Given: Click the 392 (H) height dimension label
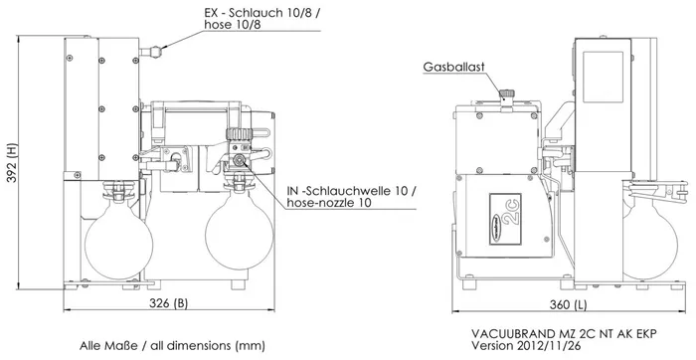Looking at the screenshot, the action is point(13,163).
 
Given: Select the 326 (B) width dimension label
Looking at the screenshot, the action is point(169,303).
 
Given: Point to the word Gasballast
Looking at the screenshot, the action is point(453,67).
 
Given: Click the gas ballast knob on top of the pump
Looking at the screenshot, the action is point(506,93).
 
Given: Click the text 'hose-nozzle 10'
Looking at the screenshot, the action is point(328,203).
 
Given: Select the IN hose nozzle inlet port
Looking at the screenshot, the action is point(241,159).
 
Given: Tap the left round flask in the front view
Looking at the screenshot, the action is point(118,243).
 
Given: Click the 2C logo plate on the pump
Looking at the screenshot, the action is point(505,219).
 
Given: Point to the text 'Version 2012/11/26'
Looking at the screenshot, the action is point(526,345).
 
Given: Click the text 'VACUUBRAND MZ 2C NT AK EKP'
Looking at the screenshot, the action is point(563,333).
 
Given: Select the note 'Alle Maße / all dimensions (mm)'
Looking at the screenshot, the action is point(172,345).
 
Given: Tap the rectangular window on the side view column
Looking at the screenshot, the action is point(603,77).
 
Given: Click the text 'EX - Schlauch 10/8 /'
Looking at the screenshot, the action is point(261,12).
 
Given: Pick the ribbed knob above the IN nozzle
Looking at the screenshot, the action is point(239,133).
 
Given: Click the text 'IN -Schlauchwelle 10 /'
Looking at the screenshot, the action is point(352,191).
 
